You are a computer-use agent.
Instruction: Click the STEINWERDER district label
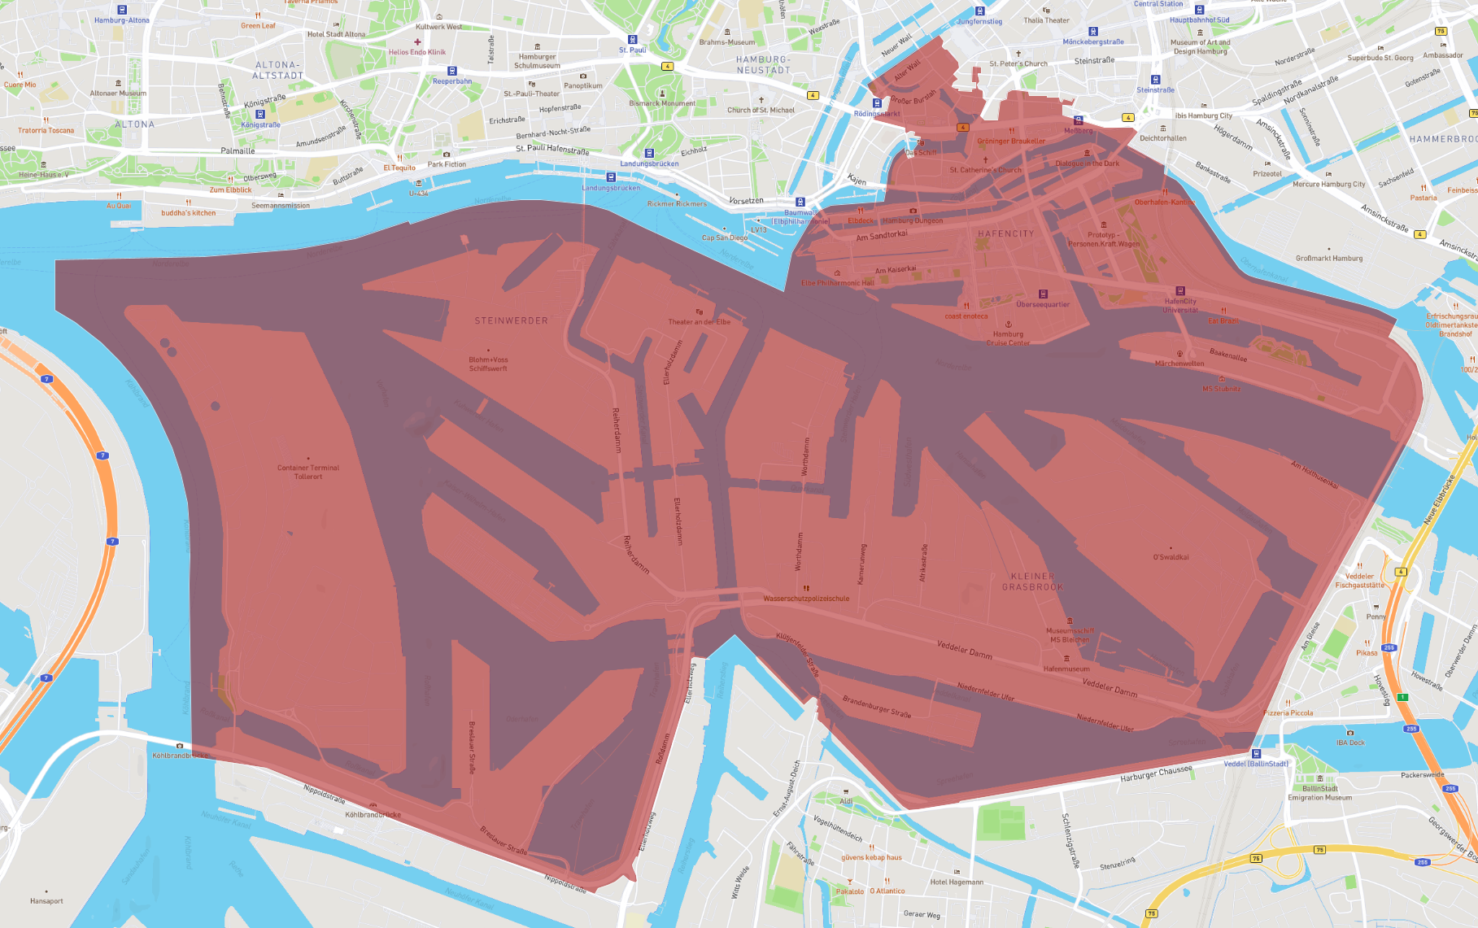tap(511, 321)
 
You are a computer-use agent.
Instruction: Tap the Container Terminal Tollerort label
tap(308, 472)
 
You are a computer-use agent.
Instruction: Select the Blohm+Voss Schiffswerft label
tap(488, 364)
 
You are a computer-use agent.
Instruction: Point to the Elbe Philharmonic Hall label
tap(838, 283)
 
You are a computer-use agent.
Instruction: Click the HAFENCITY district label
tap(1005, 234)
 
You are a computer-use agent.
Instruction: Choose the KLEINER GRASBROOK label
tap(1032, 582)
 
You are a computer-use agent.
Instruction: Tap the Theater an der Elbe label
tap(699, 321)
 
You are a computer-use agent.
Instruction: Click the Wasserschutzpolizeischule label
tap(806, 599)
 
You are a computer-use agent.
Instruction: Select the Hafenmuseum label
tap(1066, 669)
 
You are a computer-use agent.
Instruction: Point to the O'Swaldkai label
tap(1171, 557)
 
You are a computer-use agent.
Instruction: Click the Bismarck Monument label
tap(662, 103)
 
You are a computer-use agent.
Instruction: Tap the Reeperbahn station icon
tap(452, 72)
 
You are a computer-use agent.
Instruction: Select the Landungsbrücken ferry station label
tap(611, 188)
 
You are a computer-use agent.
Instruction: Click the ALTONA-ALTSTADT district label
tap(277, 70)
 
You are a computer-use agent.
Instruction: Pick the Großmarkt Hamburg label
tap(1329, 259)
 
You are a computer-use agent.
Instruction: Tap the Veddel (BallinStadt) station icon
tap(1256, 754)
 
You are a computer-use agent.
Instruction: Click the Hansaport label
tap(46, 900)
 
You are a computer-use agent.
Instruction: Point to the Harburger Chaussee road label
tap(1156, 773)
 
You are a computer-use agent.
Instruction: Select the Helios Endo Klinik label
tap(417, 52)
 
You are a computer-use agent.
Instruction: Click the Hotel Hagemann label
tap(957, 882)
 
